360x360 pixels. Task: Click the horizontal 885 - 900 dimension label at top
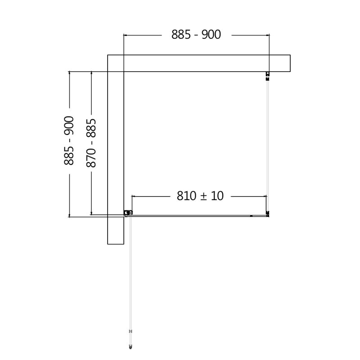[196, 35]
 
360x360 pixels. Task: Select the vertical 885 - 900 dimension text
[69, 140]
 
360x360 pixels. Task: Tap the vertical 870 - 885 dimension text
[91, 143]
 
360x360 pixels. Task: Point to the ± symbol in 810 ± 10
[202, 196]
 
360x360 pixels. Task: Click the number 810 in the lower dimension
[186, 196]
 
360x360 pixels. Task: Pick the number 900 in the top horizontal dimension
[211, 35]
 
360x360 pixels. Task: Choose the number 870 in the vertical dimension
[91, 158]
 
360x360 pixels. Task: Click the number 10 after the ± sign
[216, 196]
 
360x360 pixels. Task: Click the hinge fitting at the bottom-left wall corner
[128, 213]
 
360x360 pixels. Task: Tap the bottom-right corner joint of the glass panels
[267, 214]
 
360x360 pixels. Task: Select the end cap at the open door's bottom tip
[130, 346]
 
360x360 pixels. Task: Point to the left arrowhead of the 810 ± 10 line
[132, 196]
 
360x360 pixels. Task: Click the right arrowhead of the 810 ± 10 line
[266, 196]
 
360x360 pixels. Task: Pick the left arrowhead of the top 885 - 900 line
[124, 35]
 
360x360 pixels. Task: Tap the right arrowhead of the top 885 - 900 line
[268, 35]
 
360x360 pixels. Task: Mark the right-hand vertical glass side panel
[267, 144]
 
